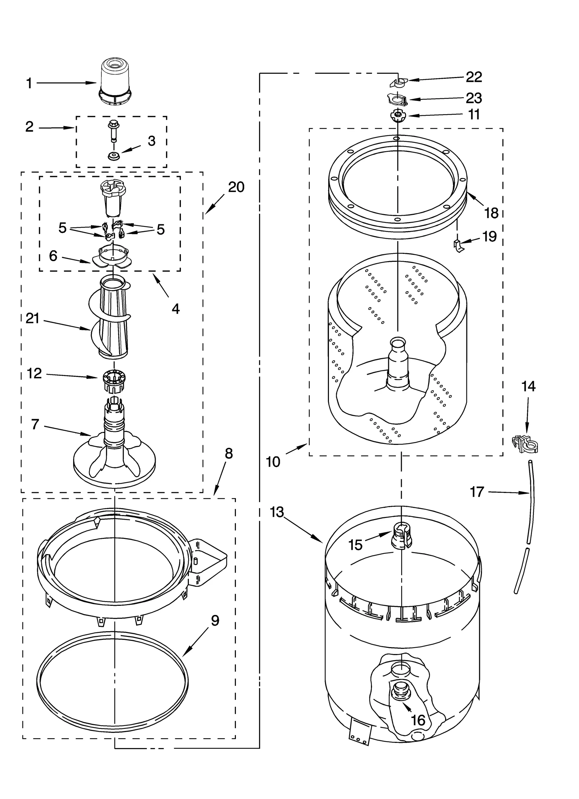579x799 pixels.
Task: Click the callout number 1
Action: (x=29, y=84)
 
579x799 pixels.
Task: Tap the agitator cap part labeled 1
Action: (x=115, y=82)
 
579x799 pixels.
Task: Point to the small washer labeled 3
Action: (x=114, y=157)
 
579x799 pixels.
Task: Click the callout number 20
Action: (x=236, y=187)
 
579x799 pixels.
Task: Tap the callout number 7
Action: (x=35, y=424)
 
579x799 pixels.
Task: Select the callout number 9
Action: (x=215, y=621)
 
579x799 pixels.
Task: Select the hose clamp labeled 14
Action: (x=525, y=444)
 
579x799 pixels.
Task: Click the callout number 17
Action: (x=477, y=492)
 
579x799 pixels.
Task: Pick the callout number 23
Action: (x=474, y=98)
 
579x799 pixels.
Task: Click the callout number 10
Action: (x=273, y=462)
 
